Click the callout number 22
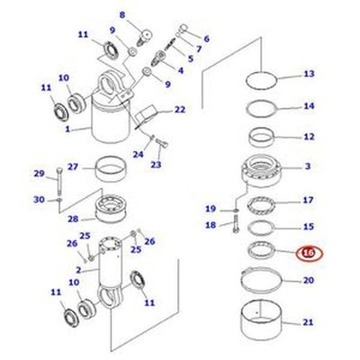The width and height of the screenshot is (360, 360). [180, 110]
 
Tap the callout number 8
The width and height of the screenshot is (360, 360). [123, 14]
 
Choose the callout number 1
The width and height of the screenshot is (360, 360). [67, 129]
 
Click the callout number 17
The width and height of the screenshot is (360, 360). [307, 200]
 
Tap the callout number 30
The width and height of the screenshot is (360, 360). [39, 200]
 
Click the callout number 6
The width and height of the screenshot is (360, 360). [206, 39]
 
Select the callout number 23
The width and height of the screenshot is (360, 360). [156, 165]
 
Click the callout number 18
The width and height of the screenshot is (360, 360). [211, 225]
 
